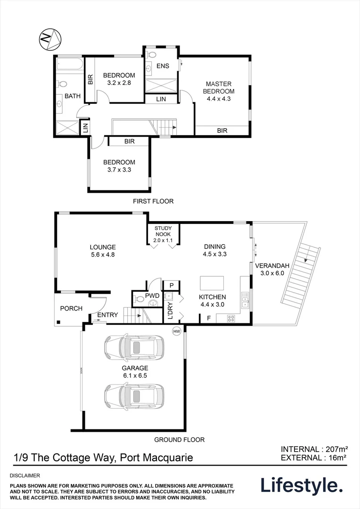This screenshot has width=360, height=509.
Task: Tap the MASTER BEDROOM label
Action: click(219, 88)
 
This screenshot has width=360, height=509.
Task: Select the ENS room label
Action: click(163, 66)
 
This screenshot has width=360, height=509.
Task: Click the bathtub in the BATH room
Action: click(69, 64)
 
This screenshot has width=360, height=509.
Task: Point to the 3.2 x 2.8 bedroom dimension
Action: click(119, 83)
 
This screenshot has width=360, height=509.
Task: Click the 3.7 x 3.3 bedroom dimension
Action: click(119, 170)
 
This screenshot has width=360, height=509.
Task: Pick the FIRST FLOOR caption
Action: click(153, 201)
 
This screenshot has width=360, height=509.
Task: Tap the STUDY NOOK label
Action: click(163, 231)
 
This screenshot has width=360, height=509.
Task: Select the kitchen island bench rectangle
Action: click(212, 283)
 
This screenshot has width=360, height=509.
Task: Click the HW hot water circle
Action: click(177, 331)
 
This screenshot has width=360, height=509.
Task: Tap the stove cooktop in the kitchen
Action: click(231, 319)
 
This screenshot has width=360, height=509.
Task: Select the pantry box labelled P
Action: click(172, 285)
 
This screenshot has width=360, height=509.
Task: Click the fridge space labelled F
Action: click(208, 319)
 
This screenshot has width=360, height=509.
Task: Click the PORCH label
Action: click(71, 308)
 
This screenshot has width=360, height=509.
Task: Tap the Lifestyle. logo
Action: click(302, 485)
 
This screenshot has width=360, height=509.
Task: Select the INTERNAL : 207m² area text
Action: click(314, 449)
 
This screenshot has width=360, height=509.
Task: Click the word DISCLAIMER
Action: click(25, 476)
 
